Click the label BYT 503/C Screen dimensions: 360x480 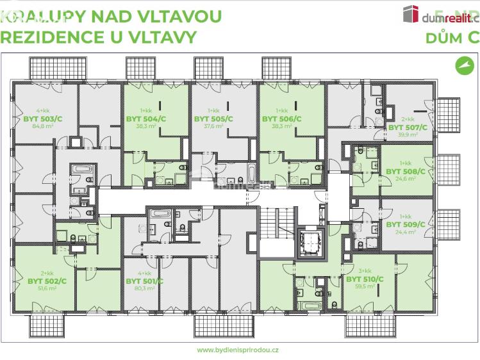point(43,119)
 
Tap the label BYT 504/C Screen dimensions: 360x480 point(145,119)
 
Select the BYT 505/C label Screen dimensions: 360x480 point(213,119)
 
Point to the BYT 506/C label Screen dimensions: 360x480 point(281,119)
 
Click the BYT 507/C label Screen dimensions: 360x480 point(408,127)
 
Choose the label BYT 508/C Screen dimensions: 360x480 point(405,172)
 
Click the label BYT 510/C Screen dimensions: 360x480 point(365,279)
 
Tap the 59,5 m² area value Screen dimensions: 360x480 point(364,288)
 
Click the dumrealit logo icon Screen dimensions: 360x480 point(410,13)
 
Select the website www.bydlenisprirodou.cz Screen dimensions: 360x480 point(238,350)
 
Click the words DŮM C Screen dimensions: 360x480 point(452,37)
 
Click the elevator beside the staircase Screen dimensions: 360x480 point(309,242)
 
